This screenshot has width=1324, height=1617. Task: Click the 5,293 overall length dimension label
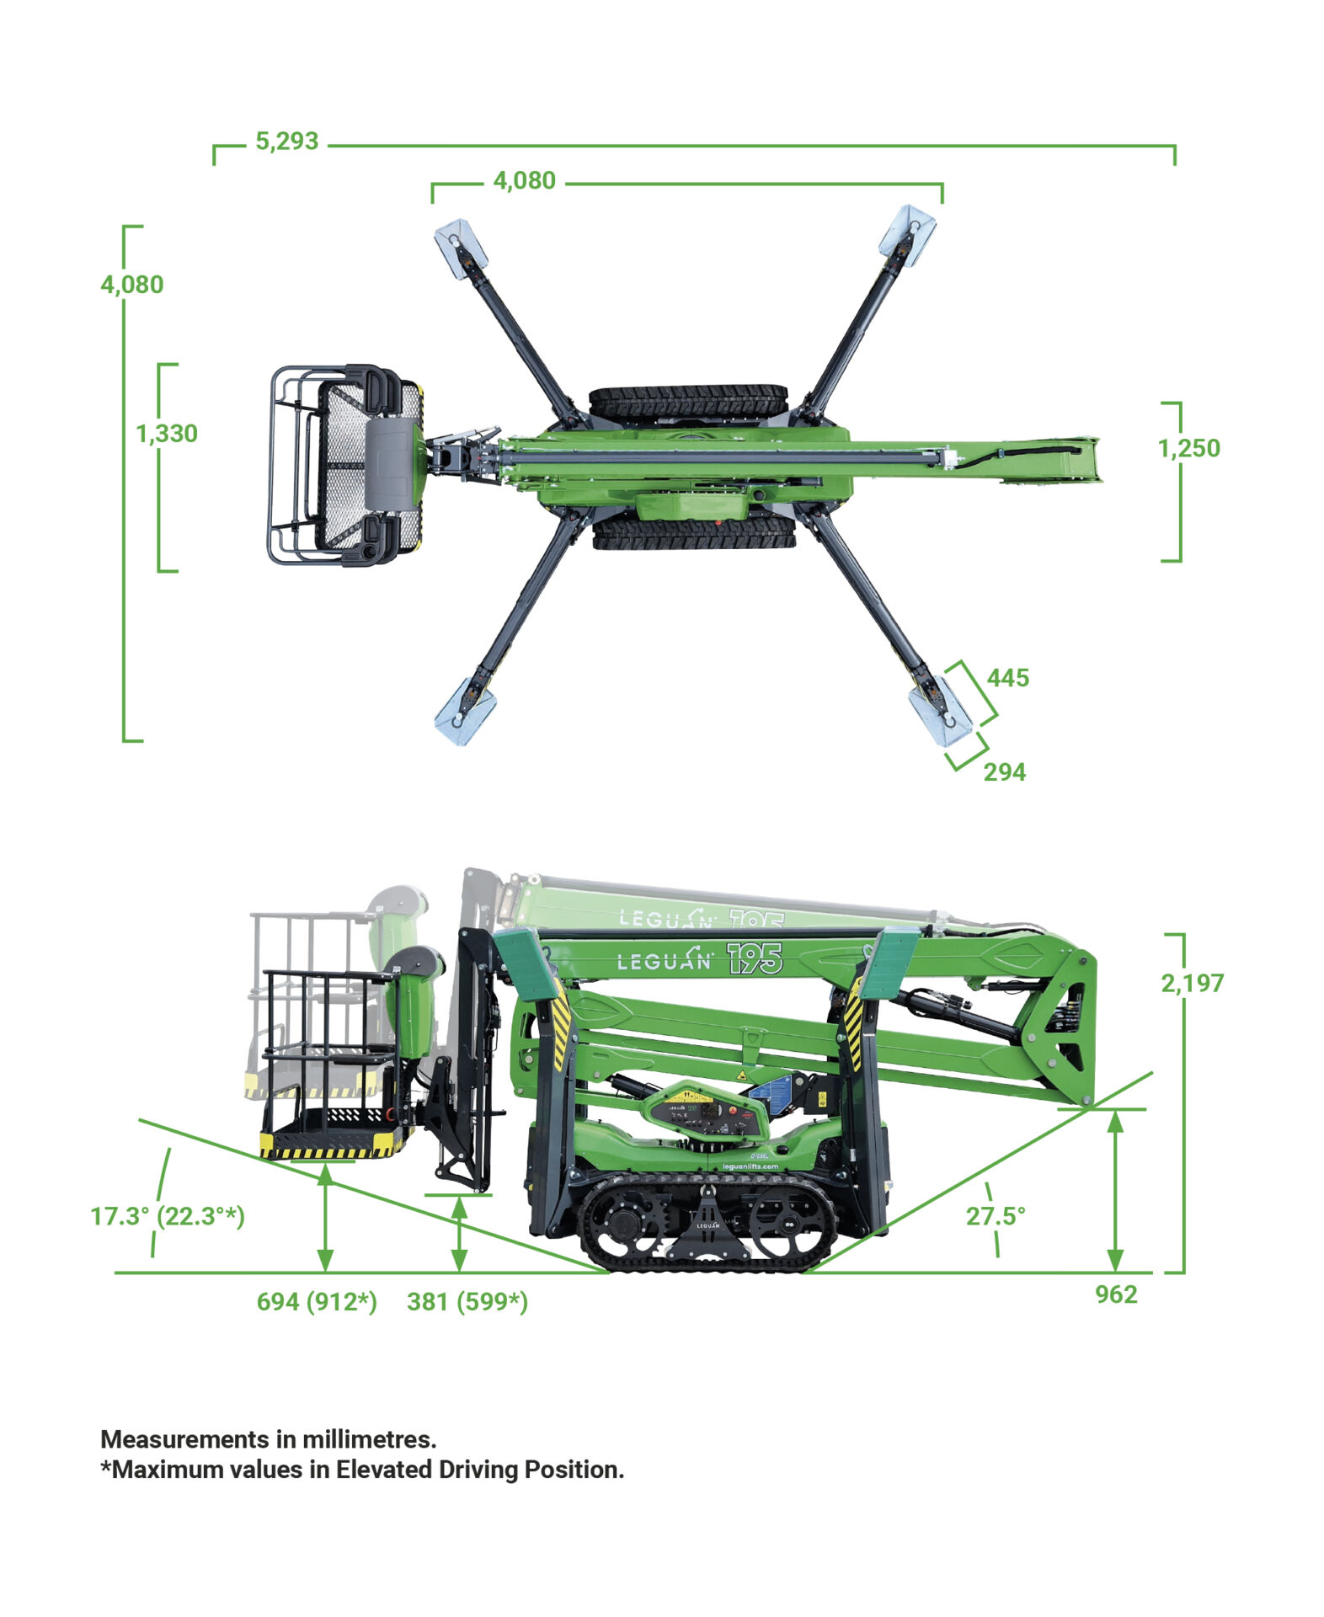pyautogui.click(x=286, y=141)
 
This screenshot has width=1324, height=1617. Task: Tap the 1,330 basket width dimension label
pyautogui.click(x=167, y=433)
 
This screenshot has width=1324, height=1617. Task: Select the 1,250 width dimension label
pyautogui.click(x=1188, y=447)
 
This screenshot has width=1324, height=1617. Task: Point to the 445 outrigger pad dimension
pyautogui.click(x=1007, y=677)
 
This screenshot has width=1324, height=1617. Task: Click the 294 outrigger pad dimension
pyautogui.click(x=1004, y=771)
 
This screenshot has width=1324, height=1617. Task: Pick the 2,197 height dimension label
pyautogui.click(x=1192, y=982)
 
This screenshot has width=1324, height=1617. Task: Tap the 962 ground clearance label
pyautogui.click(x=1116, y=1294)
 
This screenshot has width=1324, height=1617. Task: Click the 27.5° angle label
pyautogui.click(x=996, y=1215)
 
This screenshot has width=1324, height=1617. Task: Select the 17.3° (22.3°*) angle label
pyautogui.click(x=168, y=1216)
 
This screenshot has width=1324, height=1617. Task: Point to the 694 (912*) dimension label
pyautogui.click(x=317, y=1301)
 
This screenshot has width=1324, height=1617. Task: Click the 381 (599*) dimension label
pyautogui.click(x=467, y=1301)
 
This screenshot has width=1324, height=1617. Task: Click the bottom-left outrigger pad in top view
pyautogui.click(x=461, y=712)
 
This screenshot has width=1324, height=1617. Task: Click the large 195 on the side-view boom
pyautogui.click(x=755, y=958)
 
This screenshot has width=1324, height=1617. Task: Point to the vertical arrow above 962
pyautogui.click(x=1115, y=1190)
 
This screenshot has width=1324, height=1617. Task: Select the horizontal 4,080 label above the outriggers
pyautogui.click(x=524, y=180)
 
